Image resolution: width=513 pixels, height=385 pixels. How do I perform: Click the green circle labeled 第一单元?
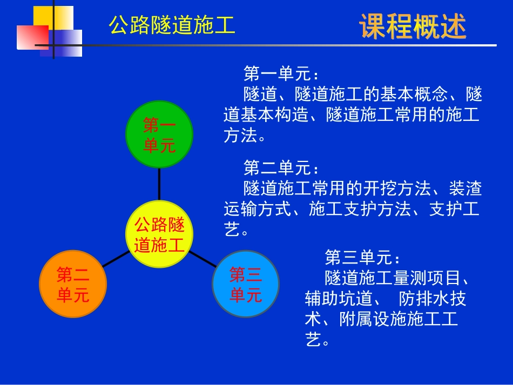point(159,135)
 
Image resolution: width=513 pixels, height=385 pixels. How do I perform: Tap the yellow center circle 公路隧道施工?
point(159,234)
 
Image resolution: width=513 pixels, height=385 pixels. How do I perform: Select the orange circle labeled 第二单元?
point(73,285)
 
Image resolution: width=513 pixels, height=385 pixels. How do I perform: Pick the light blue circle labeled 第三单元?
point(246,285)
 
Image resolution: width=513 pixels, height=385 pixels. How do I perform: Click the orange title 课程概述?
point(413,26)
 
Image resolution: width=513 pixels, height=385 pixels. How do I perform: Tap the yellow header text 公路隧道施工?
point(172,25)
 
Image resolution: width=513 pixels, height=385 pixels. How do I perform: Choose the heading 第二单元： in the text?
point(281,168)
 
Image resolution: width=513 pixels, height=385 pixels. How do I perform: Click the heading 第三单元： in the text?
point(362,257)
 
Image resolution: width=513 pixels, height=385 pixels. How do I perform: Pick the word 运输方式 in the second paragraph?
point(258,210)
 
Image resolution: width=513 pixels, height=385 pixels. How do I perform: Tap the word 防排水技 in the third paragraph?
point(432,299)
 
